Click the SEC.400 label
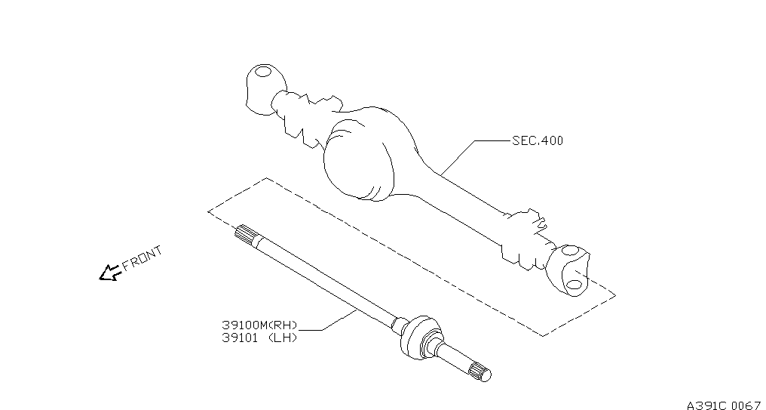click(538, 141)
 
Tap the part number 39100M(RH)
click(259, 325)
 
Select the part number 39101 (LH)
click(259, 338)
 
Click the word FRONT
click(142, 258)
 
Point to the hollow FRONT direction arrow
click(110, 273)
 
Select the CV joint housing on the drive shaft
click(418, 337)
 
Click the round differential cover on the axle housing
click(359, 159)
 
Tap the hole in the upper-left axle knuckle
click(263, 72)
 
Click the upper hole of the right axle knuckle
click(570, 251)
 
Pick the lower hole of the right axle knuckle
click(574, 284)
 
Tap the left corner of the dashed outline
click(208, 211)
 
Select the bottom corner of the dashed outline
click(542, 336)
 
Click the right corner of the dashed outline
click(615, 295)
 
